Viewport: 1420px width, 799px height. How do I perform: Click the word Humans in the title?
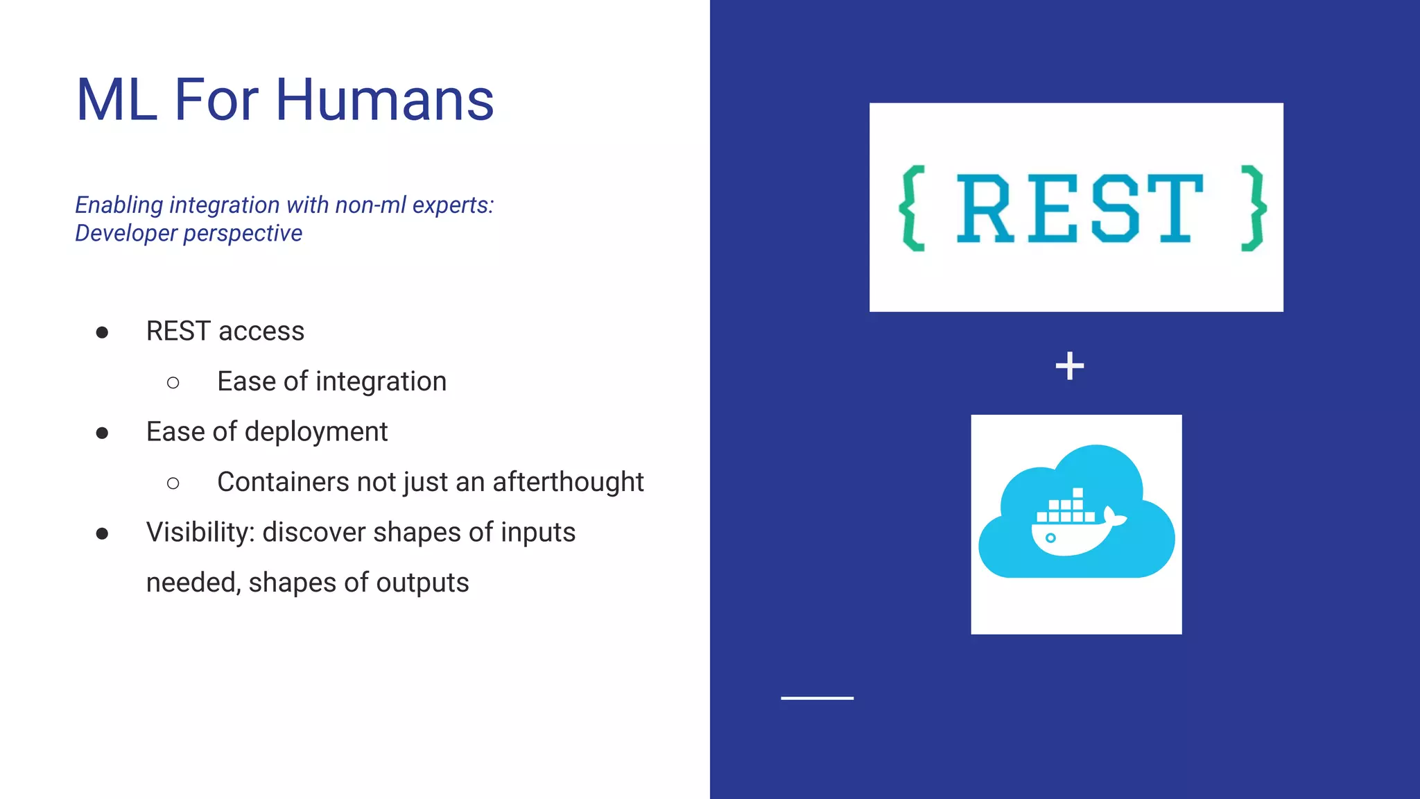[x=384, y=100]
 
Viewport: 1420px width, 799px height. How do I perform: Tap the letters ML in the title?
[x=116, y=100]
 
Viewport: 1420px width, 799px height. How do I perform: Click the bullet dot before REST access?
[x=102, y=333]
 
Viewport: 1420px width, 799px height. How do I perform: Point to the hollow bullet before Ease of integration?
[x=173, y=383]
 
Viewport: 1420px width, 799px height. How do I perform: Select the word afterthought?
[x=568, y=482]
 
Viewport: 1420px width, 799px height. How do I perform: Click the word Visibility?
[x=201, y=533]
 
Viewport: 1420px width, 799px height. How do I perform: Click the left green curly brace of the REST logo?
[x=912, y=208]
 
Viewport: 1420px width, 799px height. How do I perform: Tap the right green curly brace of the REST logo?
[x=1254, y=208]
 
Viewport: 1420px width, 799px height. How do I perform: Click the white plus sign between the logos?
[x=1069, y=366]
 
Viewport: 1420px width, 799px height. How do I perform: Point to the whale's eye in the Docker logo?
[x=1050, y=538]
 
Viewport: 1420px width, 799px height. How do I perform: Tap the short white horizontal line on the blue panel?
[x=817, y=698]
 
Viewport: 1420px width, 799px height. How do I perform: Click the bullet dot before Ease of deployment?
[x=102, y=433]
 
